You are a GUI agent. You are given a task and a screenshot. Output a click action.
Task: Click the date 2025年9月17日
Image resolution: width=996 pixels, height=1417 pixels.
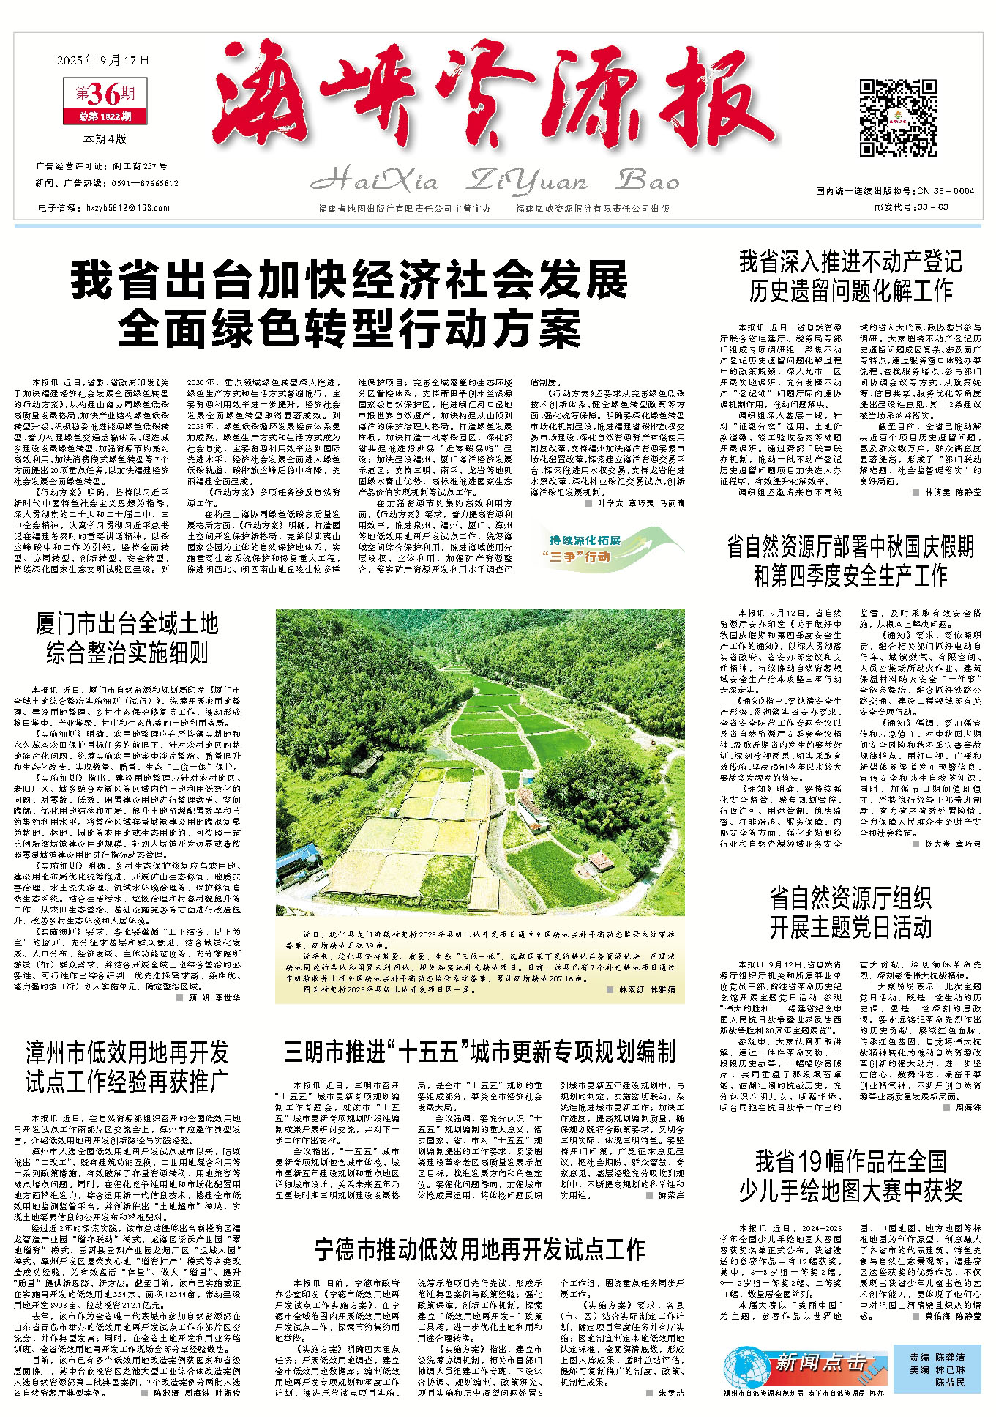[103, 60]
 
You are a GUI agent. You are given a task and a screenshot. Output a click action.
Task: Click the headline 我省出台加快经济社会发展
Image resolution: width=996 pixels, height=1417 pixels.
[349, 281]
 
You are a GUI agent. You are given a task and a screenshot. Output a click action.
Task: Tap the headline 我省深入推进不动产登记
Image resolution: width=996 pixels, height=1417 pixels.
[850, 262]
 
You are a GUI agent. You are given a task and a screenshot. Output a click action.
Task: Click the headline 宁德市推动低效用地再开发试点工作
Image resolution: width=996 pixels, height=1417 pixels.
[479, 1249]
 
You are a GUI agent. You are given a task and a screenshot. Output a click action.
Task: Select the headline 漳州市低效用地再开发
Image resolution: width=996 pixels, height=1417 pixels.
[127, 1052]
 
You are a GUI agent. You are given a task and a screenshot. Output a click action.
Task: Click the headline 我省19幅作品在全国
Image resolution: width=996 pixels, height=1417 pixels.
[850, 1161]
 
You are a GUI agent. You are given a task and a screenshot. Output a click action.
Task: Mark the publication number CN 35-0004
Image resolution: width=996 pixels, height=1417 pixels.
[941, 191]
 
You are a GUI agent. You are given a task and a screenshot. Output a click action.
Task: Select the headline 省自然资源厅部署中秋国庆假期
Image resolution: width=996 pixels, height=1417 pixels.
[850, 547]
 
